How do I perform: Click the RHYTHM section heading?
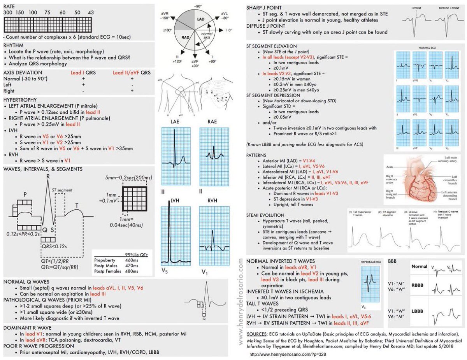[x=14, y=45]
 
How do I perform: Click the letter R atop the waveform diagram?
[x=48, y=176]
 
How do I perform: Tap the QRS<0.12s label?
[x=54, y=246]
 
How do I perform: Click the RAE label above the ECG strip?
[x=212, y=122]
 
